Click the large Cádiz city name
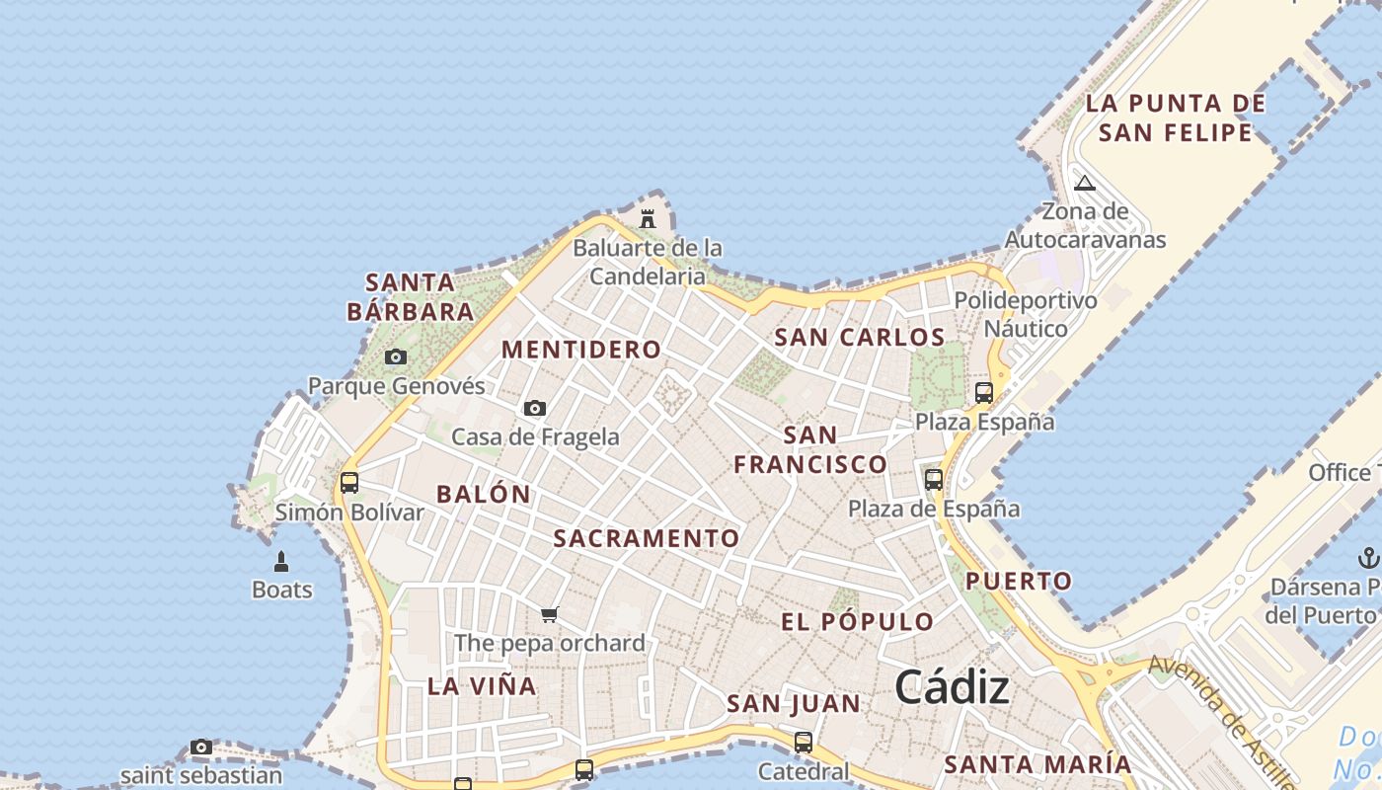pyautogui.click(x=953, y=688)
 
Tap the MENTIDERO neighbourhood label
pyautogui.click(x=581, y=350)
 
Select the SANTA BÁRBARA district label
pyautogui.click(x=410, y=297)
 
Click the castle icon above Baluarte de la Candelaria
pyautogui.click(x=648, y=218)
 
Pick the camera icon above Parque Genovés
pyautogui.click(x=396, y=356)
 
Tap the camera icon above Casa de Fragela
pyautogui.click(x=535, y=408)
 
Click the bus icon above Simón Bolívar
pyautogui.click(x=349, y=483)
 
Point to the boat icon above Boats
pyautogui.click(x=281, y=562)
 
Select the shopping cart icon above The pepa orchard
pyautogui.click(x=550, y=614)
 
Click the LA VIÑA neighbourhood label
pyautogui.click(x=482, y=686)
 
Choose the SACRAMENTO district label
pyautogui.click(x=647, y=538)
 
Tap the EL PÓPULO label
pyautogui.click(x=858, y=622)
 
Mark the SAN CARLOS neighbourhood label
pyautogui.click(x=860, y=338)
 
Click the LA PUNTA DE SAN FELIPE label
pyautogui.click(x=1175, y=118)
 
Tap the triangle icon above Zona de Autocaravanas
pyautogui.click(x=1085, y=183)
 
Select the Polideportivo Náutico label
pyautogui.click(x=1026, y=314)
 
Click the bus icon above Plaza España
pyautogui.click(x=984, y=392)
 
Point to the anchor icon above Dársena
pyautogui.click(x=1368, y=558)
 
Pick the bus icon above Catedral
pyautogui.click(x=804, y=742)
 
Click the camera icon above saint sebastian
pyautogui.click(x=201, y=747)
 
